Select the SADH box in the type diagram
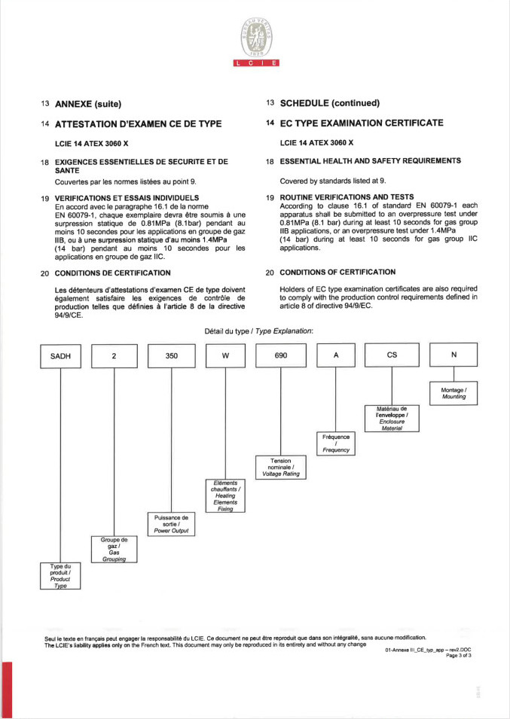[x=60, y=355]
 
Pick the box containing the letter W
[x=226, y=355]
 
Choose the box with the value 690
[x=280, y=355]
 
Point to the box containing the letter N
[x=454, y=355]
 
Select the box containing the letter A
[x=335, y=355]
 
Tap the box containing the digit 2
[x=115, y=355]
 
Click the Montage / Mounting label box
[x=454, y=392]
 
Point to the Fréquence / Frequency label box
[x=335, y=443]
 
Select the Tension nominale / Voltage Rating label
[x=280, y=468]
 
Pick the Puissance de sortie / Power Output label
[x=171, y=524]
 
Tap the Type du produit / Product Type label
[x=60, y=575]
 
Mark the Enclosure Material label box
[x=391, y=418]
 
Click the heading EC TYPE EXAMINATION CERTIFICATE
[x=362, y=123]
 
